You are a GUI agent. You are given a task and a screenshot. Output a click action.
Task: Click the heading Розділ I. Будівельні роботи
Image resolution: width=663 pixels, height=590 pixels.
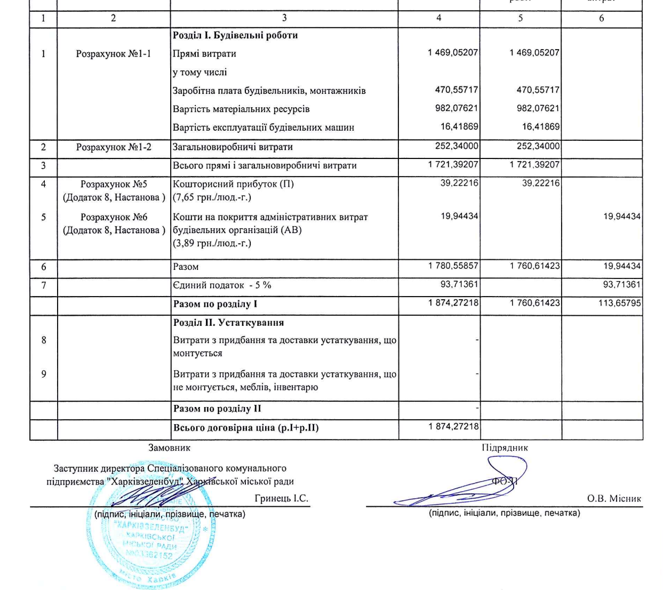[235, 35]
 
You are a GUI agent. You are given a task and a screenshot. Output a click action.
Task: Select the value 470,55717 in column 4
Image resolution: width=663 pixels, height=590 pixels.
[456, 90]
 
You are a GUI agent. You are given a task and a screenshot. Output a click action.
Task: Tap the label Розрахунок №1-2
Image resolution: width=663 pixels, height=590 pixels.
[114, 147]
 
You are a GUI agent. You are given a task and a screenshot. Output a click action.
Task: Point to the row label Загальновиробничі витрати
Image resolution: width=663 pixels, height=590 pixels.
[233, 147]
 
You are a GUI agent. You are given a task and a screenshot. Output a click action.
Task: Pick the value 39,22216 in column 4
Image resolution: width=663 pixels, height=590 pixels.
[459, 183]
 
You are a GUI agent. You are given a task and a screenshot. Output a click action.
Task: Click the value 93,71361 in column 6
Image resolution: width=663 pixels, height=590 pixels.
[622, 284]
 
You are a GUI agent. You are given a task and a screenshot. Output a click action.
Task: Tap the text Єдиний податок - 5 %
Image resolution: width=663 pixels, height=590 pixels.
[222, 285]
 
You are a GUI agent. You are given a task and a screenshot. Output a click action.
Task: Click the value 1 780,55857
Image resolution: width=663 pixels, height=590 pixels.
[453, 266]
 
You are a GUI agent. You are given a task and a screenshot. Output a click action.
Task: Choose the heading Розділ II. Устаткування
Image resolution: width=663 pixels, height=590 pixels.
[228, 322]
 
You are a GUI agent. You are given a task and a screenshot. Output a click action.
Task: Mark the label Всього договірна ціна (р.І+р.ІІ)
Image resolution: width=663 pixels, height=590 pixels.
[246, 427]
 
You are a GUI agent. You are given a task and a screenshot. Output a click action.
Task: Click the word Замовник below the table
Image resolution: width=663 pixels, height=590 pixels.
[169, 448]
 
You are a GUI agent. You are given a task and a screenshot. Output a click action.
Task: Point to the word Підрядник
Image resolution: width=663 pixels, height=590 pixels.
[505, 448]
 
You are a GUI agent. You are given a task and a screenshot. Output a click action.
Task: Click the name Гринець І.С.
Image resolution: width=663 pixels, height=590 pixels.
[281, 498]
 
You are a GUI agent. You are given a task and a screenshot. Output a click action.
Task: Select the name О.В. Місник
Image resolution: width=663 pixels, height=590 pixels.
[614, 498]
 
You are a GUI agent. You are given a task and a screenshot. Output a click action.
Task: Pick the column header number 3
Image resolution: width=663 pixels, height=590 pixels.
[284, 18]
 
